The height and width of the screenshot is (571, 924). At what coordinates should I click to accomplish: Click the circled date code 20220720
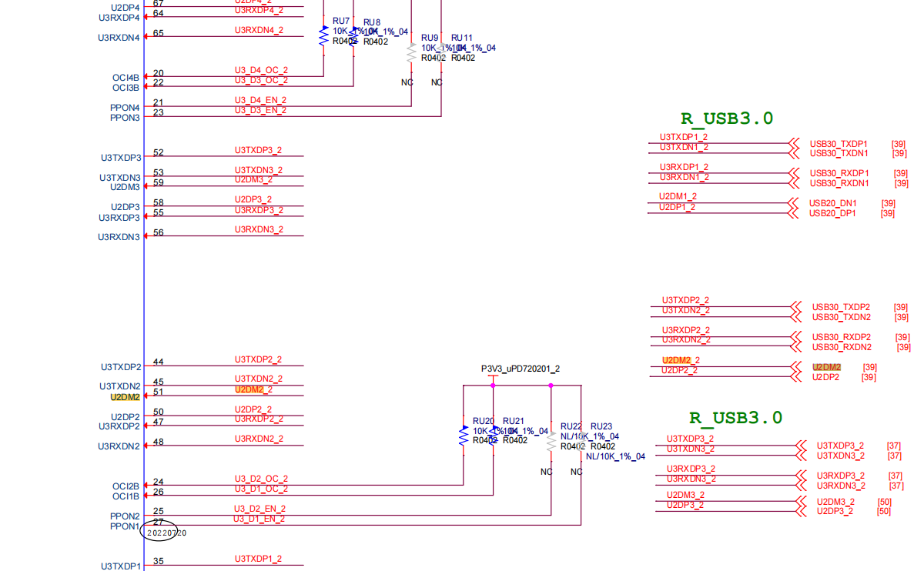pyautogui.click(x=167, y=533)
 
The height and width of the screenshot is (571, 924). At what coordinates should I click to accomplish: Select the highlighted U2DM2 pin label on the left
pyautogui.click(x=126, y=397)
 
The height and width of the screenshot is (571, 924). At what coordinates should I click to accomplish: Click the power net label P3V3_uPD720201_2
pyautogui.click(x=521, y=369)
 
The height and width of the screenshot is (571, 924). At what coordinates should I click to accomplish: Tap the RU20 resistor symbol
pyautogui.click(x=464, y=436)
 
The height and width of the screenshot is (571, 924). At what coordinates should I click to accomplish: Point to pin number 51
pyautogui.click(x=159, y=392)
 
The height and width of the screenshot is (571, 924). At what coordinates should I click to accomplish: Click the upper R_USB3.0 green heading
pyautogui.click(x=726, y=119)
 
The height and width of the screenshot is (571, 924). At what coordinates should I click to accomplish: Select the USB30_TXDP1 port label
pyautogui.click(x=839, y=144)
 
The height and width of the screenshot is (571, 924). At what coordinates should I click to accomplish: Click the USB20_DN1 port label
pyautogui.click(x=832, y=203)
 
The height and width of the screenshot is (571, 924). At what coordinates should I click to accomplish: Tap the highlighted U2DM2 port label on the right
pyautogui.click(x=826, y=368)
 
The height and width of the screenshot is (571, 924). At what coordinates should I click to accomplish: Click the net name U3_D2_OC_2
pyautogui.click(x=261, y=479)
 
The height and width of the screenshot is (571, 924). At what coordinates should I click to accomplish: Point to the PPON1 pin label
pyautogui.click(x=125, y=527)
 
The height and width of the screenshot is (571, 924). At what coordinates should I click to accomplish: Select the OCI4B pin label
pyautogui.click(x=126, y=78)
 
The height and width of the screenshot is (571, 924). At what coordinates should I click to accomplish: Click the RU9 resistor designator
pyautogui.click(x=430, y=38)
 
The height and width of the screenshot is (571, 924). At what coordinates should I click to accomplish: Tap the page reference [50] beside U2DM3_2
pyautogui.click(x=884, y=502)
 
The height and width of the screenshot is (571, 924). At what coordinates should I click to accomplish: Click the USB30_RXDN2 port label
pyautogui.click(x=842, y=347)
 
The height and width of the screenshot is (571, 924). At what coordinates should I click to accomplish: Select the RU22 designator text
pyautogui.click(x=571, y=426)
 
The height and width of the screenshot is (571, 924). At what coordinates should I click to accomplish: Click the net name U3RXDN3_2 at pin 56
pyautogui.click(x=259, y=229)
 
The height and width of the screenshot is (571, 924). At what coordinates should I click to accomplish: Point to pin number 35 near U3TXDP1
pyautogui.click(x=159, y=561)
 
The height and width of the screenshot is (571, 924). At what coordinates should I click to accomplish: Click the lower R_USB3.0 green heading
pyautogui.click(x=735, y=418)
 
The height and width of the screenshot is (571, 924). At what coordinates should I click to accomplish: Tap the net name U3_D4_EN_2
pyautogui.click(x=260, y=100)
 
